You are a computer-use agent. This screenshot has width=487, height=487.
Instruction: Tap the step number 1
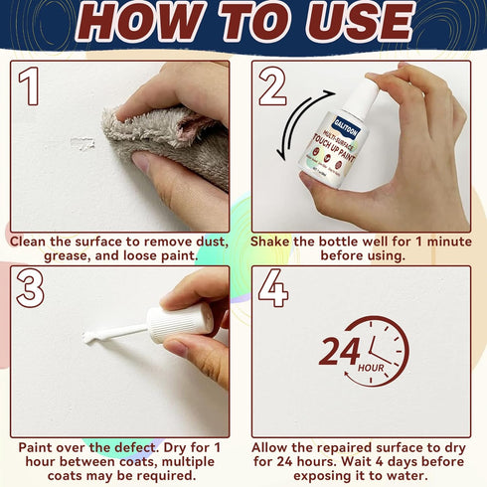pos(31,86)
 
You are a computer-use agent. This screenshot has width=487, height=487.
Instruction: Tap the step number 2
pos(272,86)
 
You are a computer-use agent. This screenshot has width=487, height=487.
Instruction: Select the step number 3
pos(31,288)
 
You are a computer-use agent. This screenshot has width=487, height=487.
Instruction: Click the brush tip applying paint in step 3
pos(91,338)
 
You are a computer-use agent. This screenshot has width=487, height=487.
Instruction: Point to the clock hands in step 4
pos(383,349)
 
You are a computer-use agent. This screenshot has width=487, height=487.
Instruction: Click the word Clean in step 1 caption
pos(35,242)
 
